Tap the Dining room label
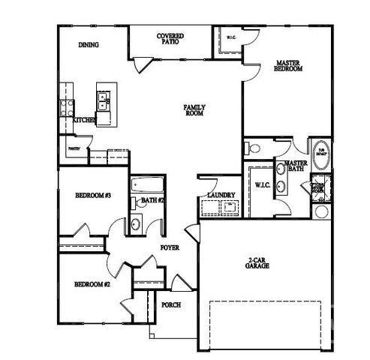click(89, 44)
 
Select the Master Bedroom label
click(288, 66)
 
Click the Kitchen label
click(83, 120)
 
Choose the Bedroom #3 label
click(93, 196)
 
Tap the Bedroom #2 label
click(92, 285)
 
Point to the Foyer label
click(169, 247)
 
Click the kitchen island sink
click(102, 98)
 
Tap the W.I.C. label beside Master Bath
click(262, 184)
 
